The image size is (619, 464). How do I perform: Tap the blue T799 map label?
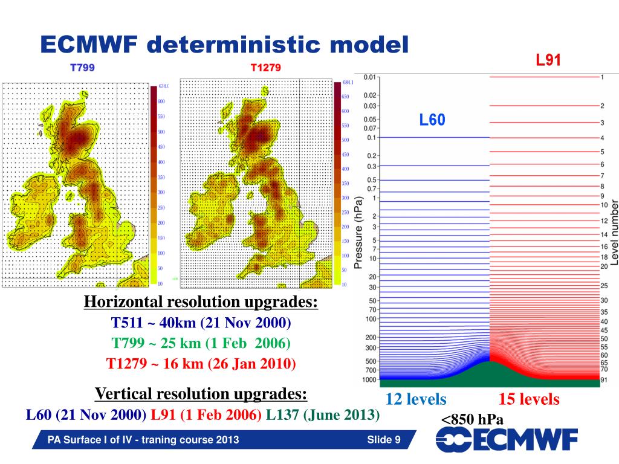(x=83, y=68)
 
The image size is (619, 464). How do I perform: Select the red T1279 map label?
(x=266, y=68)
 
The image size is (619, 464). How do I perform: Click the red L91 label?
(x=549, y=60)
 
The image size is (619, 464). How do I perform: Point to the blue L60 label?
(x=432, y=120)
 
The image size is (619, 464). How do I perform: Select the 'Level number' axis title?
(x=614, y=233)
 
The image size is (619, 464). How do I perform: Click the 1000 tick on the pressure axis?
(x=369, y=381)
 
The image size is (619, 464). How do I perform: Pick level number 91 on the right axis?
(x=603, y=381)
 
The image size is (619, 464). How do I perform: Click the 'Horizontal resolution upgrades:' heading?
(x=201, y=301)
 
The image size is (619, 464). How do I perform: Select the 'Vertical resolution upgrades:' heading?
(x=201, y=395)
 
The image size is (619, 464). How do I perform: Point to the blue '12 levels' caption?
(x=416, y=399)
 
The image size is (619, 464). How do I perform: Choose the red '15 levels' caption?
(x=529, y=399)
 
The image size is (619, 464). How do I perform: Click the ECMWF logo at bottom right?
(x=507, y=440)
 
